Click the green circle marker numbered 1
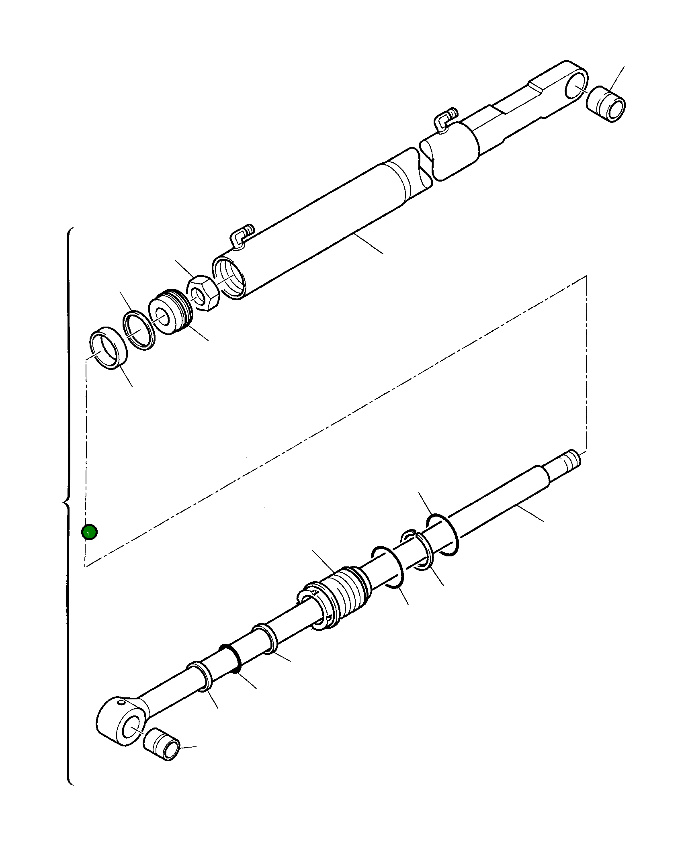tap(89, 532)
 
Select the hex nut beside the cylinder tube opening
tap(203, 293)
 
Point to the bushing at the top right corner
tap(606, 104)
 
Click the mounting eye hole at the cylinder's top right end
tap(575, 88)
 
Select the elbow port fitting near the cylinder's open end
tap(241, 236)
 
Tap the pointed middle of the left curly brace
tap(63, 502)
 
